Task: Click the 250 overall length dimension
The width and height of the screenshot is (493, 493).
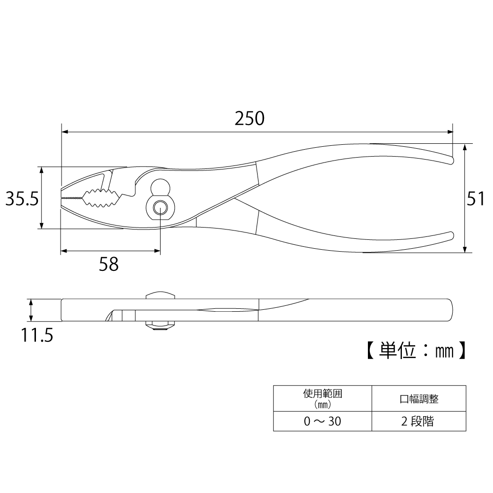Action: (x=250, y=119)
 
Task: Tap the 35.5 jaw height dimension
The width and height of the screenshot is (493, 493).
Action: (x=22, y=198)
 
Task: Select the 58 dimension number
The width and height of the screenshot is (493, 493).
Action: (x=109, y=264)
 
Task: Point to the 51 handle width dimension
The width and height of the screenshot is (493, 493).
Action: (x=476, y=198)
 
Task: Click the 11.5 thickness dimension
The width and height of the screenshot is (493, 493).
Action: (x=37, y=335)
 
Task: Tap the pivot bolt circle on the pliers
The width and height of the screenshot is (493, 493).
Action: (x=161, y=207)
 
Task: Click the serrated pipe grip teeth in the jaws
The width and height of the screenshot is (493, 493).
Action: (x=102, y=198)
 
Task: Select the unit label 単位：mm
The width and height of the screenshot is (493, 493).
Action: (x=416, y=350)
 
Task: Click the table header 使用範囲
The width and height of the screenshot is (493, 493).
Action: (x=323, y=394)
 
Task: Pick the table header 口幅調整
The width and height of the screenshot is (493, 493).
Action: (x=419, y=399)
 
